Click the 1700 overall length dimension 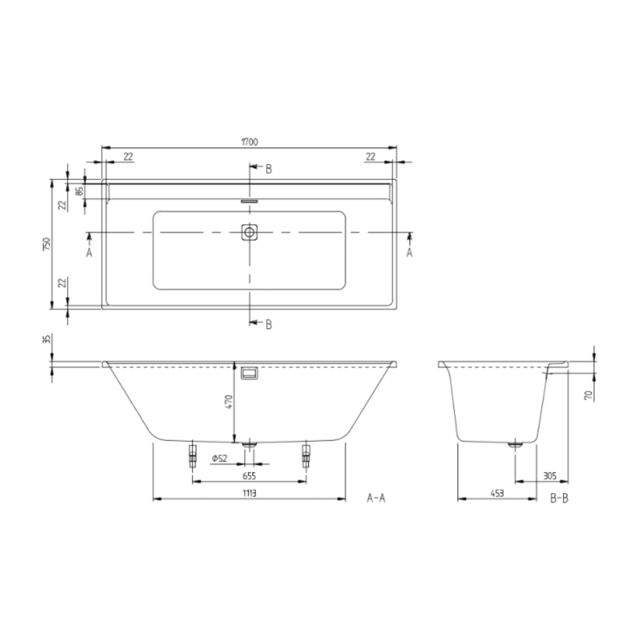[249, 142]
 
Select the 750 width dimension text [46, 244]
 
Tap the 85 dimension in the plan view [80, 191]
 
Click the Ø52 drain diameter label [219, 458]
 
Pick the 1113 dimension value [249, 493]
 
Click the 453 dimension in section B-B [496, 493]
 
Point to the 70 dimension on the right [588, 395]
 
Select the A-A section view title [376, 498]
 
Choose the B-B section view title [559, 498]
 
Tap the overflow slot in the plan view [249, 201]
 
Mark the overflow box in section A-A [249, 374]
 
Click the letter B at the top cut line [269, 169]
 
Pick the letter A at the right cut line [409, 253]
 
